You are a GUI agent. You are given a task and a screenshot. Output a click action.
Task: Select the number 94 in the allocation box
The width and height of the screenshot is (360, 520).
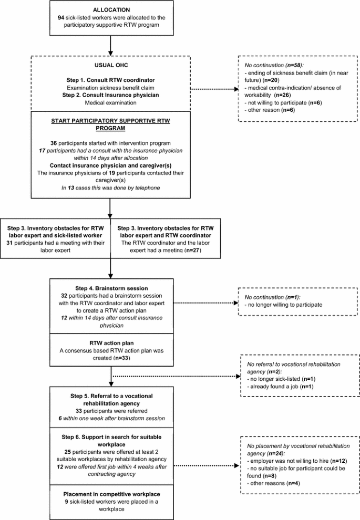pyautogui.click(x=61, y=17)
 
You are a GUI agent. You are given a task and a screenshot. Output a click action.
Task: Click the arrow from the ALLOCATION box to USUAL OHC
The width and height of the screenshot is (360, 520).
pyautogui.click(x=111, y=45)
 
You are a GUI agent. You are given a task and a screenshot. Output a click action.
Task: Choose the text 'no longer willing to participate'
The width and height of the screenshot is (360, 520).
pyautogui.click(x=284, y=304)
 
